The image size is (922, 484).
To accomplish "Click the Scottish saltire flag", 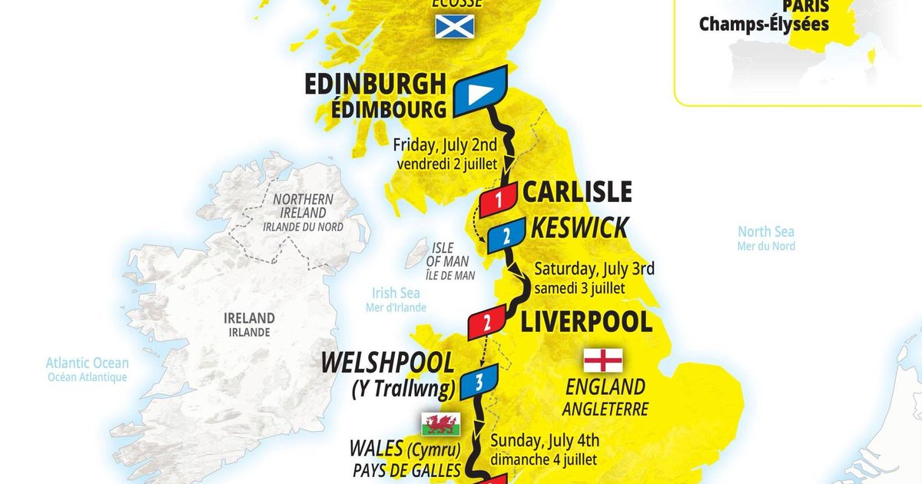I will pyautogui.click(x=455, y=27).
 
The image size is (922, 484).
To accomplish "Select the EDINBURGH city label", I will pyautogui.click(x=375, y=84).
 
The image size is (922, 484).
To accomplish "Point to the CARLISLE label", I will pyautogui.click(x=577, y=191).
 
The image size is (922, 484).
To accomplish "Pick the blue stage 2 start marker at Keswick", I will pyautogui.click(x=506, y=237).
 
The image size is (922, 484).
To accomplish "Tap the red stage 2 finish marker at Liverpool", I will pyautogui.click(x=486, y=322).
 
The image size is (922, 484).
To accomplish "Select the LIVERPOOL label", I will pyautogui.click(x=586, y=322).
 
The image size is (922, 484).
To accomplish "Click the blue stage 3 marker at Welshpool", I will pyautogui.click(x=478, y=380).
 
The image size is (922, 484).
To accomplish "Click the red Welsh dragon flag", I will pyautogui.click(x=441, y=423).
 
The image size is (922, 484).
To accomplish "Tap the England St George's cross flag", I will pyautogui.click(x=603, y=360).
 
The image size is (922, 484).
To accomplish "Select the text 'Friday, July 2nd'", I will pyautogui.click(x=445, y=144).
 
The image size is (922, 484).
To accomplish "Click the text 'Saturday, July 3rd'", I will pyautogui.click(x=594, y=269).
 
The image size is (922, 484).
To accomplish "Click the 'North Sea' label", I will pyautogui.click(x=765, y=232).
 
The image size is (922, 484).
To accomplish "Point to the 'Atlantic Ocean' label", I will pyautogui.click(x=87, y=363).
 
